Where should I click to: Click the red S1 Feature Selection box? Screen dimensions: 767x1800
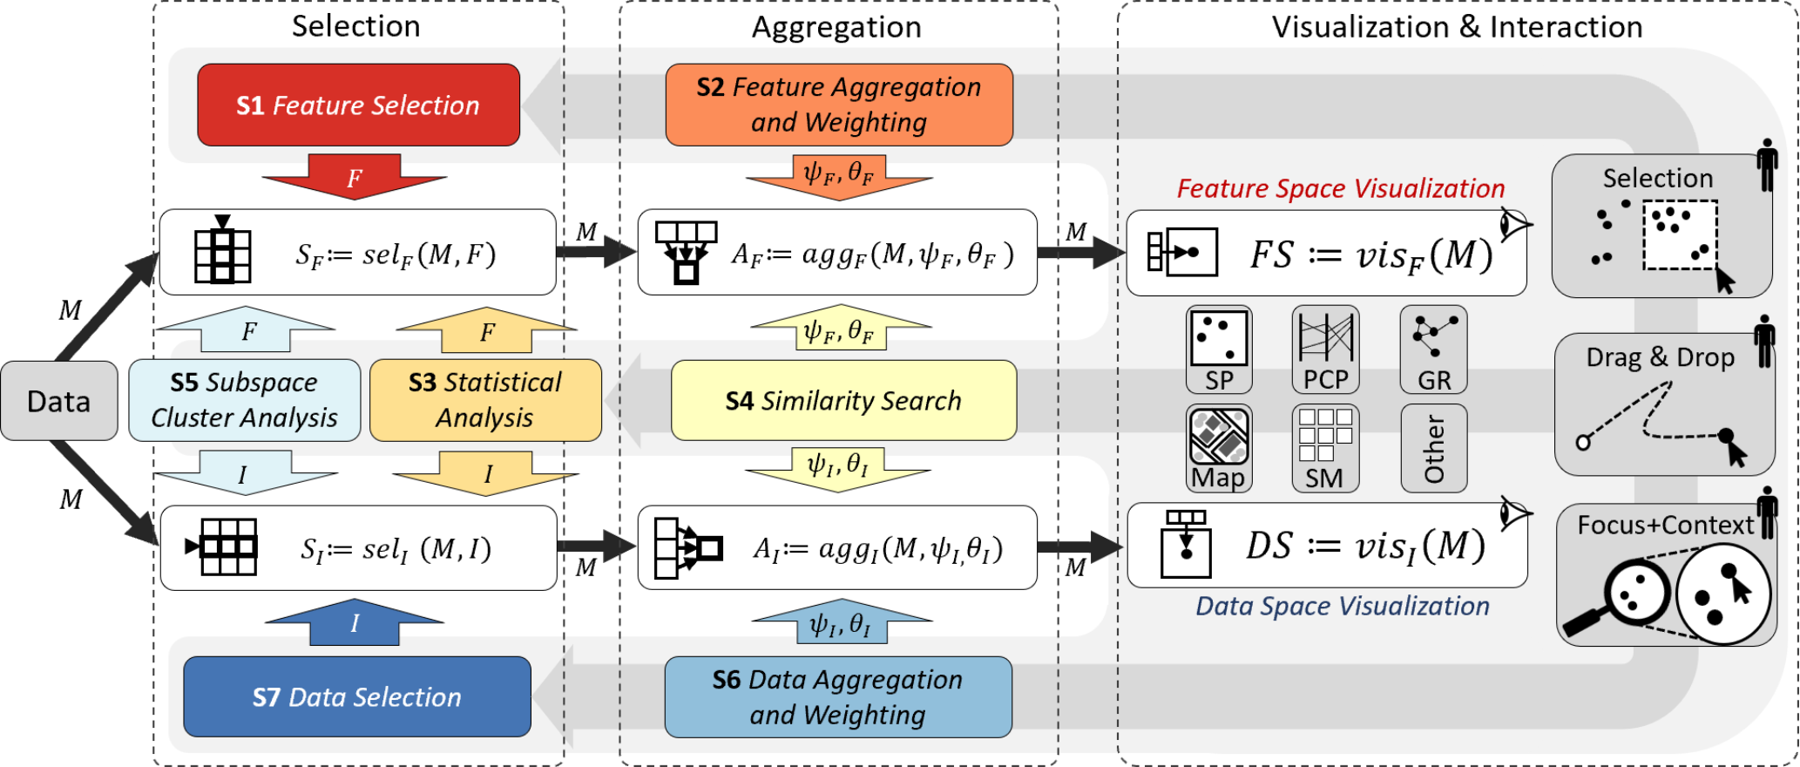[x=358, y=105]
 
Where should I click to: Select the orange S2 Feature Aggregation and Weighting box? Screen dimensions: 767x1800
[x=838, y=105]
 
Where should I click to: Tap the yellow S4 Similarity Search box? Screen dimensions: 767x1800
[x=842, y=400]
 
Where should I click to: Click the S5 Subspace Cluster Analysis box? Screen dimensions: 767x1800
[x=244, y=400]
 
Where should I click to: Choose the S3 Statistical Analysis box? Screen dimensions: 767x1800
[x=485, y=400]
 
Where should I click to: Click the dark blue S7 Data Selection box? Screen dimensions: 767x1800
[x=356, y=696]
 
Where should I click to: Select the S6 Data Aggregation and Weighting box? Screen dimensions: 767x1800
[x=837, y=696]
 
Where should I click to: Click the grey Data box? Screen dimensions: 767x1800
[x=58, y=401]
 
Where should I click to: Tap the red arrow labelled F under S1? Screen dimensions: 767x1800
[x=355, y=177]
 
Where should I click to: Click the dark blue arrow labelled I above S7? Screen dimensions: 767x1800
[x=355, y=622]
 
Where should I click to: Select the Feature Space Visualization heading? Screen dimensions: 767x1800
[x=1340, y=188]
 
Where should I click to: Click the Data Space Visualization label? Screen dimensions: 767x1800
[x=1342, y=606]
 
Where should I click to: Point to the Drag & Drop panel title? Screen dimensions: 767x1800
[x=1660, y=357]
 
